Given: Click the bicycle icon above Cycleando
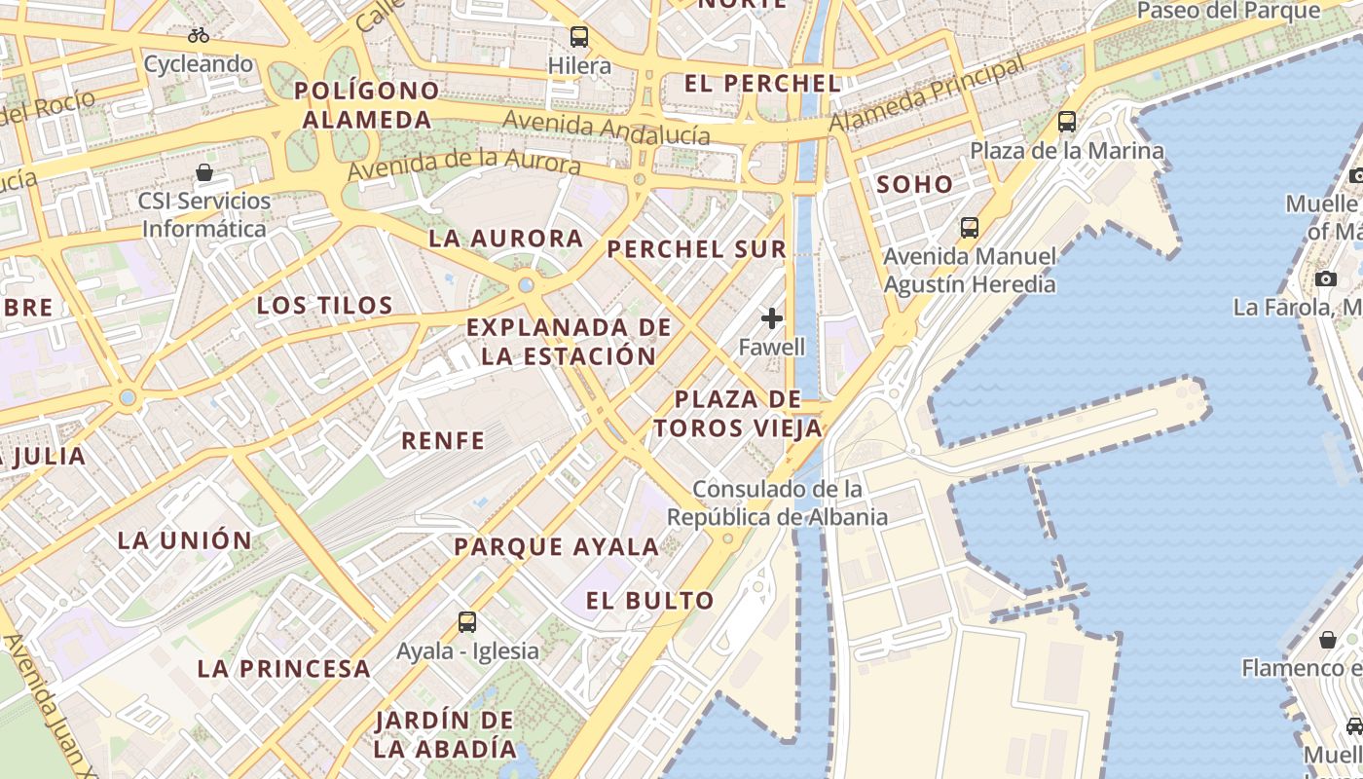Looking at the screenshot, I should pos(199,35).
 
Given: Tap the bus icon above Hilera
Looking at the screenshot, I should pos(579,37).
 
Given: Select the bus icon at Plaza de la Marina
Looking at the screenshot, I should pos(1067,122).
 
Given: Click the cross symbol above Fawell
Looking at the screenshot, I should pos(772,318).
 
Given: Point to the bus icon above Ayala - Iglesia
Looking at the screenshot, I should pos(467,621).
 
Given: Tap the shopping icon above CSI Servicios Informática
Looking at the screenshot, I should pos(204,172).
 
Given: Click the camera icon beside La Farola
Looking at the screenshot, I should pos(1325,279).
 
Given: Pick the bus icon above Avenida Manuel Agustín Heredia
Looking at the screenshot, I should pos(970,227).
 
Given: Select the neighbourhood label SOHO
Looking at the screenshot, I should pos(915,184).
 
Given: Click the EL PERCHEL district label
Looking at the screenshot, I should pos(762,84).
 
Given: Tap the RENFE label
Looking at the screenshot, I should pos(443,441).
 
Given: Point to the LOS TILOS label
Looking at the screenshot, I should pos(325,306).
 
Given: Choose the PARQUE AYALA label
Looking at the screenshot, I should pos(557,547).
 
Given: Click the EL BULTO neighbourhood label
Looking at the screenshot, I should pos(650,601).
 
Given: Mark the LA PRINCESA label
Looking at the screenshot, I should pos(283,669).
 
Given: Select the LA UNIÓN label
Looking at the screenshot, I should pos(185,540).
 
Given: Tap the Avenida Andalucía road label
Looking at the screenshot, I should pos(607,127).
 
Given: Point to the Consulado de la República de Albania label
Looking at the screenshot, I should pos(791,502).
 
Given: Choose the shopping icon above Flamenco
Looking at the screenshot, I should pos(1328,640).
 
